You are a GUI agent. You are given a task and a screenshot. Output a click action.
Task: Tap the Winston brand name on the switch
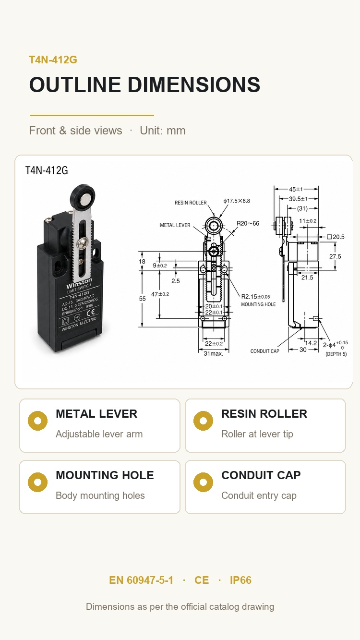pyautogui.click(x=79, y=283)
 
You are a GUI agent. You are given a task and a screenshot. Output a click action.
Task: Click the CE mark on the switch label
pyautogui.click(x=91, y=312)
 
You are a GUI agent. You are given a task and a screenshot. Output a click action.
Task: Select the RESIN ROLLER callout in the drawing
pyautogui.click(x=191, y=203)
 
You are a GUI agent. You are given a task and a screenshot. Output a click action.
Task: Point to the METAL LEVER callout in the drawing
pyautogui.click(x=175, y=225)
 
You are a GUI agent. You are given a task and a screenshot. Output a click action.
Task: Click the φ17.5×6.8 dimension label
pyautogui.click(x=237, y=201)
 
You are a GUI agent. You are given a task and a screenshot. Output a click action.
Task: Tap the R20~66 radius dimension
pyautogui.click(x=248, y=223)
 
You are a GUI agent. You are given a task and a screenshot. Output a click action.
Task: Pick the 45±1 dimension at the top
pyautogui.click(x=296, y=189)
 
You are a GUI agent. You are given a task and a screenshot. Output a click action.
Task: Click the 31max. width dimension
pyautogui.click(x=214, y=353)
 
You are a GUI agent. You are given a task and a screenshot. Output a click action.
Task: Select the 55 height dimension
pyautogui.click(x=142, y=299)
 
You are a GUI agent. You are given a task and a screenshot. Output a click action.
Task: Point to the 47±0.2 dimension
pyautogui.click(x=160, y=294)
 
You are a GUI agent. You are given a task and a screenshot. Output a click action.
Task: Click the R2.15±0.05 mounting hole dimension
pyautogui.click(x=256, y=297)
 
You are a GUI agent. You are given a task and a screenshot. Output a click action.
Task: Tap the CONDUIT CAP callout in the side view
pyautogui.click(x=265, y=351)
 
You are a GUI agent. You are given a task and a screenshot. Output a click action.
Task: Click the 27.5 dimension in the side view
pyautogui.click(x=335, y=256)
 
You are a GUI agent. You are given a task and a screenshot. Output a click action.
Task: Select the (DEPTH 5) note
pyautogui.click(x=336, y=354)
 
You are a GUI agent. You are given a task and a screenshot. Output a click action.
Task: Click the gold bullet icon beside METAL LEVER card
pyautogui.click(x=38, y=421)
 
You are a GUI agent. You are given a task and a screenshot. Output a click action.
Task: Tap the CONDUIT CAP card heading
pyautogui.click(x=261, y=475)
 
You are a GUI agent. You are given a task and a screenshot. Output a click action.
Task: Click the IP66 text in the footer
pyautogui.click(x=240, y=580)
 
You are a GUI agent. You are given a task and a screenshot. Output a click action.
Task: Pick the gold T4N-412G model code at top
pyautogui.click(x=53, y=60)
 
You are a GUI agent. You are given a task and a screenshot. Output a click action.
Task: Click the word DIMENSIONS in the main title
pyautogui.click(x=194, y=85)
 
